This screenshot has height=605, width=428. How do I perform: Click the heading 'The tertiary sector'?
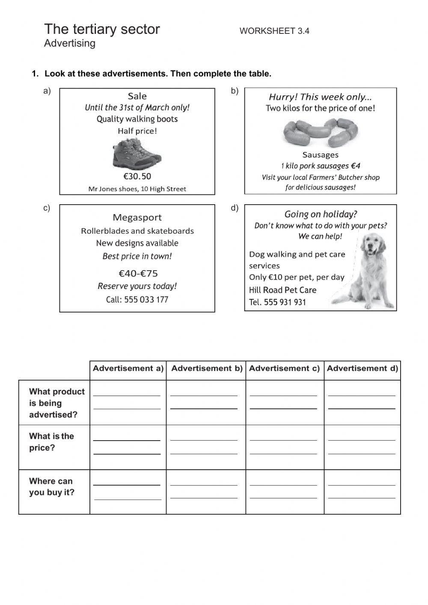102,29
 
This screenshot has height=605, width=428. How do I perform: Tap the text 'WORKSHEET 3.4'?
274,31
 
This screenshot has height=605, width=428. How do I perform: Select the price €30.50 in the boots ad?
137,176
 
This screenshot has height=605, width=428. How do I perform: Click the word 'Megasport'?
137,218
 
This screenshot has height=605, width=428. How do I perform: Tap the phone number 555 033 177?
146,300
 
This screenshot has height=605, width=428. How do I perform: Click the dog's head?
373,244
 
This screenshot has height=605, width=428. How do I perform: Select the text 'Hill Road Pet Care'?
282,290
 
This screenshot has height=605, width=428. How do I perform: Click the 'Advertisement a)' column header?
128,368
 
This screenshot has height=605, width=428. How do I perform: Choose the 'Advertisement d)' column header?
362,368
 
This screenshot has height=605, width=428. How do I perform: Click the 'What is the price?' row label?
51,442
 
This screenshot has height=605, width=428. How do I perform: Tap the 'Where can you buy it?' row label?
51,487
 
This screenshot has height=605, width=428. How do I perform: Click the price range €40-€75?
138,273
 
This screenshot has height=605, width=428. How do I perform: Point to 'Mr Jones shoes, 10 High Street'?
137,189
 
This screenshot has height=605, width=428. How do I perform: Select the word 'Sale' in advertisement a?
137,96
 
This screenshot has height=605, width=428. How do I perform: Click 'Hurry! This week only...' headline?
320,97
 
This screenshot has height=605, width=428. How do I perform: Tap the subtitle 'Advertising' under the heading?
70,43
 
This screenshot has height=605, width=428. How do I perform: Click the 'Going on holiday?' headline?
321,214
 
